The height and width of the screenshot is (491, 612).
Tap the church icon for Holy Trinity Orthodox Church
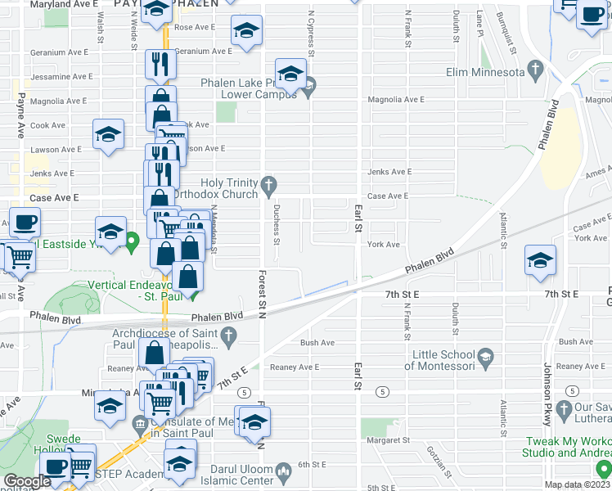(268, 188)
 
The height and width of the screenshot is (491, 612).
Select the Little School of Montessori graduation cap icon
(486, 356)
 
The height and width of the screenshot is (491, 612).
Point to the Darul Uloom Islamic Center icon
(283, 471)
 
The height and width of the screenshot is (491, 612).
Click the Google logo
(27, 481)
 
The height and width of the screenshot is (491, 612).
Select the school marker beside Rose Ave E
(245, 31)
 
